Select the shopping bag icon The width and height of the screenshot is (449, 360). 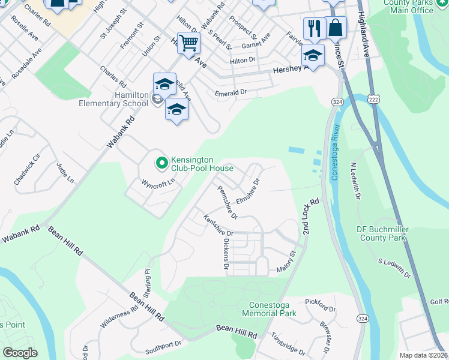pyautogui.click(x=336, y=27)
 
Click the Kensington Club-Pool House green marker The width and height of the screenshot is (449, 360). pyautogui.click(x=161, y=162)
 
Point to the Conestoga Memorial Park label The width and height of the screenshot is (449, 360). pyautogui.click(x=270, y=309)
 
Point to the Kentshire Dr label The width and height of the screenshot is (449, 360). pyautogui.click(x=218, y=226)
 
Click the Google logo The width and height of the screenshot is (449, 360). pyautogui.click(x=20, y=352)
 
